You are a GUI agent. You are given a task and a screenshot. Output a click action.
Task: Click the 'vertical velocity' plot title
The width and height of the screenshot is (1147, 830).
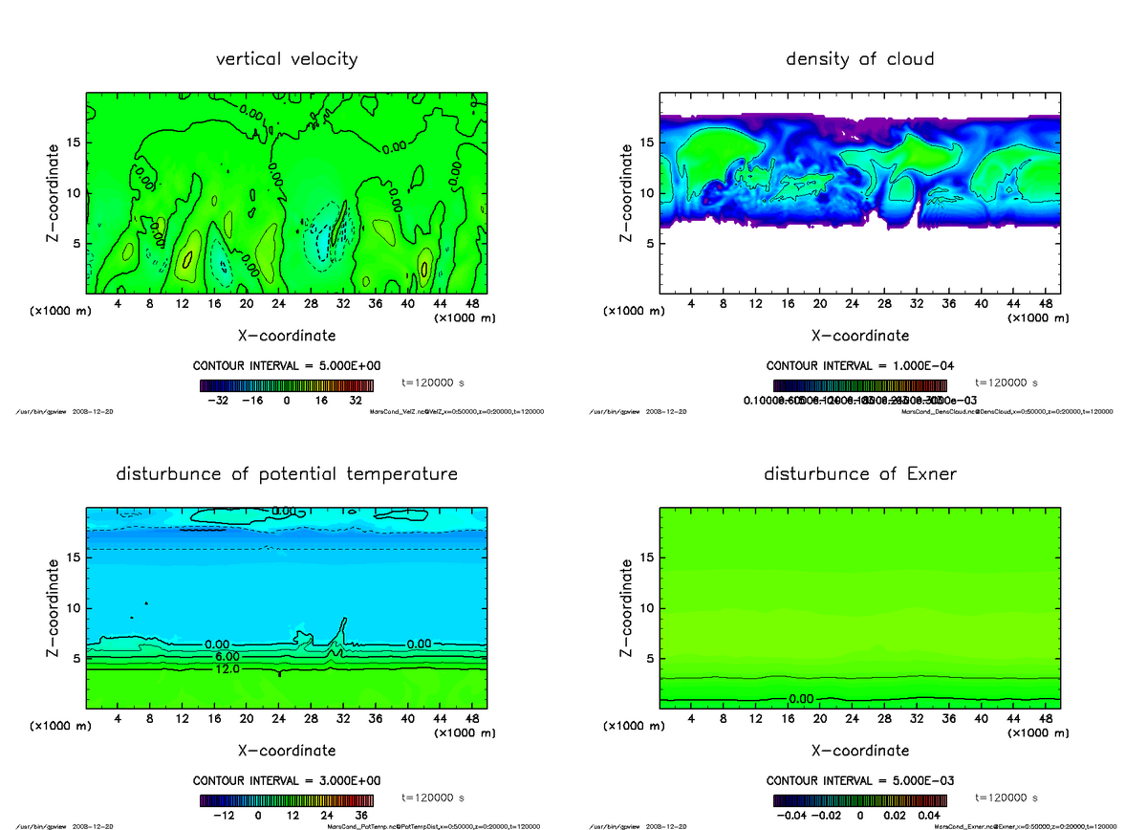coord(287,59)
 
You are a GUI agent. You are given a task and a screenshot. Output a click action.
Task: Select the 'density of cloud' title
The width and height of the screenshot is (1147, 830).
coord(859,59)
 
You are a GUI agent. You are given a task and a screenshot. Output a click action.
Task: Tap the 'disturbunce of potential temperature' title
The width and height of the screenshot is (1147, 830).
coord(287,474)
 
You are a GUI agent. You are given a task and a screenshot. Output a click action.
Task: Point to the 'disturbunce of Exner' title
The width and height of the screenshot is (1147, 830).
coord(860,474)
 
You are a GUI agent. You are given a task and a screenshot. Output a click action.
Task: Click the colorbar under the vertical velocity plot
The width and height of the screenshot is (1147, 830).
coord(287,385)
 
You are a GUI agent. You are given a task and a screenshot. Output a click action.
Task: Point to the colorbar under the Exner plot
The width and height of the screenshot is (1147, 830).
coord(860,800)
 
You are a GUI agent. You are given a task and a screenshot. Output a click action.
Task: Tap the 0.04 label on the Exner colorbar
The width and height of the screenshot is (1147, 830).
coord(927,816)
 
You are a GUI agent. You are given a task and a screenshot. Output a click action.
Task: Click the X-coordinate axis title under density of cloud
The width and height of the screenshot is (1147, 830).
coord(859,336)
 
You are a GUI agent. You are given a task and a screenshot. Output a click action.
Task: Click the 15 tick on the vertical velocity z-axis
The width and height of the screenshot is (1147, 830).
coord(74,142)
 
